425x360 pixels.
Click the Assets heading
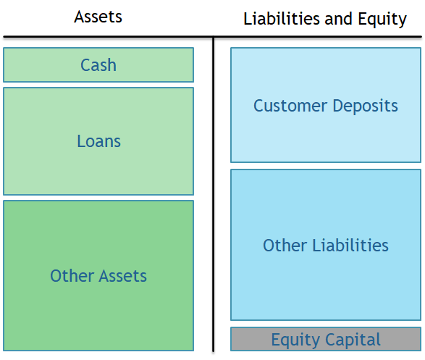click(98, 17)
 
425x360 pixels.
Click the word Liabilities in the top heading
click(282, 19)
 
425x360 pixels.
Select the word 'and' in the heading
click(339, 19)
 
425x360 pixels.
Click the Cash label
click(98, 65)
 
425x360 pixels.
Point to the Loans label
click(98, 141)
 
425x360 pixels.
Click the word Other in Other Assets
click(72, 276)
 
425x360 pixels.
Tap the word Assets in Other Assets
click(122, 276)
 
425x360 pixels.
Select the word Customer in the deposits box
click(290, 106)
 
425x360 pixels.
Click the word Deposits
click(366, 106)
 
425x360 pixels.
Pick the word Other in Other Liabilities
click(285, 246)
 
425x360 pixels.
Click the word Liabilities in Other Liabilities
click(350, 246)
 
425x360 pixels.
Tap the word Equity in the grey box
click(295, 340)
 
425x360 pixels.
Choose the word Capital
click(353, 340)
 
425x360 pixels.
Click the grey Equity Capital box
click(326, 339)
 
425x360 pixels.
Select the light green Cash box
click(98, 64)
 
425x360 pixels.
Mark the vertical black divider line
click(214, 194)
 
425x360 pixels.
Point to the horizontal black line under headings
click(213, 37)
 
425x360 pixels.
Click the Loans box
click(98, 141)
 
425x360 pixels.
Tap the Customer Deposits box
click(326, 105)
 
